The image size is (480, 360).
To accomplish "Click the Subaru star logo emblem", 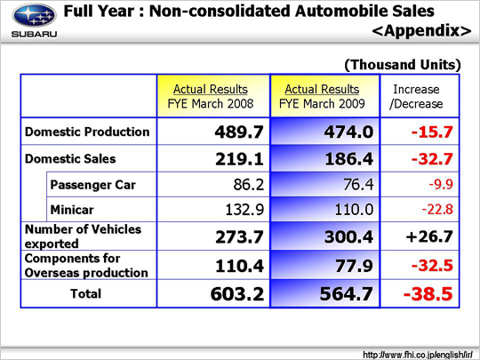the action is (x=35, y=16).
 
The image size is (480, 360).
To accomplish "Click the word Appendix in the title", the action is (x=422, y=31).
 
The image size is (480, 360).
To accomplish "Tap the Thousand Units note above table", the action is (x=403, y=65).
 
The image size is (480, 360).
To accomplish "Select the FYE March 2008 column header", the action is (x=211, y=96).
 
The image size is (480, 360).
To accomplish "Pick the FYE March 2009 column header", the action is (x=322, y=96).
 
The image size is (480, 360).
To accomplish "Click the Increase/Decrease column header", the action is (x=416, y=96).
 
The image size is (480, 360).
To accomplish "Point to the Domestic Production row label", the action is (x=87, y=132).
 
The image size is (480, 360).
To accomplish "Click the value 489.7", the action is (x=239, y=132).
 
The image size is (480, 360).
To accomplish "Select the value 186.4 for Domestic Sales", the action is (x=349, y=159).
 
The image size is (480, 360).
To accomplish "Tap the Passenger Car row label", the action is (x=92, y=185).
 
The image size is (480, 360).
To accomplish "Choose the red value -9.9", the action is (x=441, y=185).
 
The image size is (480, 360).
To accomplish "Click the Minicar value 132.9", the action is (x=244, y=210).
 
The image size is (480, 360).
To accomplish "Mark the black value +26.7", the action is (x=429, y=236).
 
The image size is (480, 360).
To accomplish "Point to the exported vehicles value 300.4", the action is (x=349, y=237).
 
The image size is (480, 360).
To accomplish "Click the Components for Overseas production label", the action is (x=86, y=266).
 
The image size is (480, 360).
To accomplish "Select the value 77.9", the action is (x=354, y=266).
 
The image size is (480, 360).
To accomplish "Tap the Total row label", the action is (x=85, y=294).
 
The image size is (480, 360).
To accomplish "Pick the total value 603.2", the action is (x=237, y=294).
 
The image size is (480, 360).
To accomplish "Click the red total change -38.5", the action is (x=428, y=294).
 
